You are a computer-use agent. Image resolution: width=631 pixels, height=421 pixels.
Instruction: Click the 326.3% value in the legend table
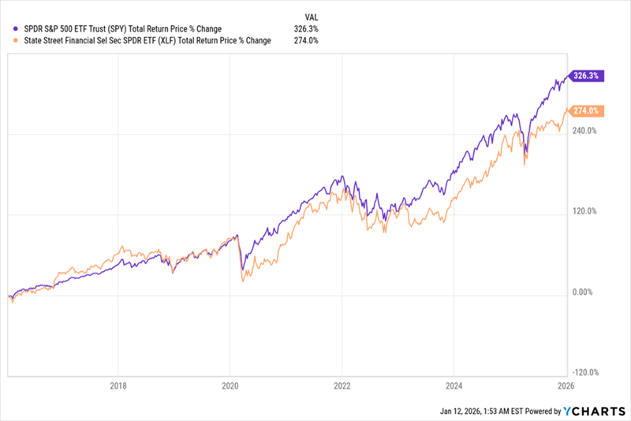307,29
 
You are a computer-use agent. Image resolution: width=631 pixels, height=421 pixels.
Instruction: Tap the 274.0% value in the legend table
307,41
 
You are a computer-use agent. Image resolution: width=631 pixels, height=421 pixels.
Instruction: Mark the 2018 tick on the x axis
118,386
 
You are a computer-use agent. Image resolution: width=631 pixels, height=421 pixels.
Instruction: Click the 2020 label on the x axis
230,386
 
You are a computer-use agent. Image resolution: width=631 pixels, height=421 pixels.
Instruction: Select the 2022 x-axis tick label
342,386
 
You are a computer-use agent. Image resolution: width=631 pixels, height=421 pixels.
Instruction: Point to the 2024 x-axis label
454,386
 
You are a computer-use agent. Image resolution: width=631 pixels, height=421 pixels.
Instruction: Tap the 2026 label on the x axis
566,386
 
